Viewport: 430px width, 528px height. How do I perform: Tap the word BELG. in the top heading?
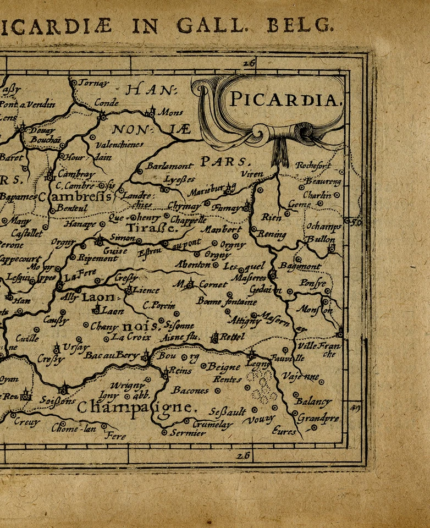300,25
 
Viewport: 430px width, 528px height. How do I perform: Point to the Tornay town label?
94,83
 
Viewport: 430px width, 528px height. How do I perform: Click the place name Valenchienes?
119,145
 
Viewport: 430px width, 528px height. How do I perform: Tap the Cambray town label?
76,174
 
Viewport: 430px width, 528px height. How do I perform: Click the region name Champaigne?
136,408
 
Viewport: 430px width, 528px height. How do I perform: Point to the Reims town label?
180,371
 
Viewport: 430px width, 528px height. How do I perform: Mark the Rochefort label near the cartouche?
313,166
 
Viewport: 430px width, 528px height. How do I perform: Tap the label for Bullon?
321,240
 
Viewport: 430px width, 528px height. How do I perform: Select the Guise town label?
115,250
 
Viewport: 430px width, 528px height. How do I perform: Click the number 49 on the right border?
355,408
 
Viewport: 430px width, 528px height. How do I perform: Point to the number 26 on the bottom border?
242,455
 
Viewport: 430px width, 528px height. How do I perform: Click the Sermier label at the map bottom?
188,433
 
